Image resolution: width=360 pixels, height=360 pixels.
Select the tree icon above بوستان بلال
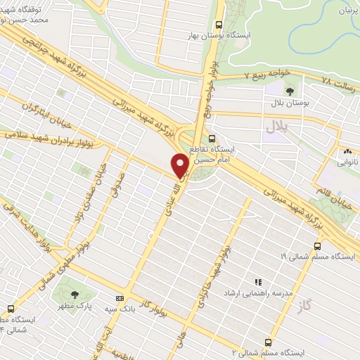pyautogui.click(x=290, y=91)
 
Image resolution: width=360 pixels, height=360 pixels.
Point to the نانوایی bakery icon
pyautogui.click(x=347, y=151)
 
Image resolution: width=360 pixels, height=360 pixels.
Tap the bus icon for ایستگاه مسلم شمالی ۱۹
pyautogui.click(x=318, y=247)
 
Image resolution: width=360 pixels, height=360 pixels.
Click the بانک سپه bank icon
pyautogui.click(x=119, y=298)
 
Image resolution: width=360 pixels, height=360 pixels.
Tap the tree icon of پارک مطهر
pyautogui.click(x=75, y=294)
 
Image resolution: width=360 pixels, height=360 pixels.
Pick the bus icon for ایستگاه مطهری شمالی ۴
pyautogui.click(x=11, y=308)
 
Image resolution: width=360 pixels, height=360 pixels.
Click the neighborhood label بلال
pyautogui.click(x=276, y=127)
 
